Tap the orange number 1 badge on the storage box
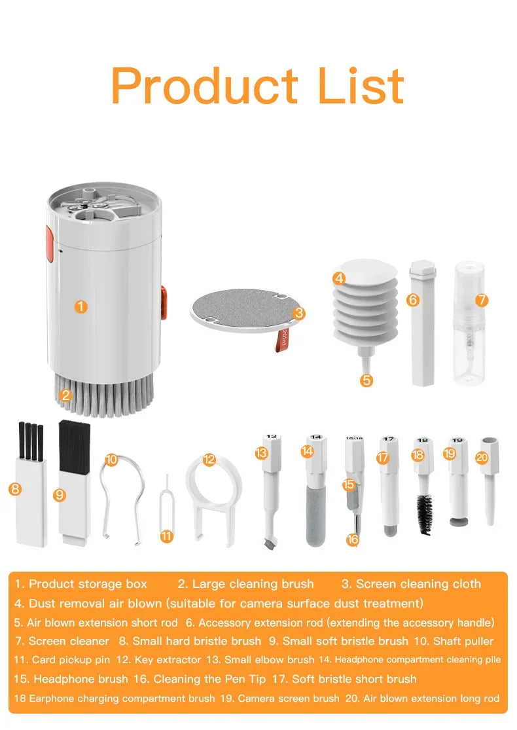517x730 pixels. coord(80,306)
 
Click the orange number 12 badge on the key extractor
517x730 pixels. coord(209,460)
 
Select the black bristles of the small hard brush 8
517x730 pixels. coord(30,440)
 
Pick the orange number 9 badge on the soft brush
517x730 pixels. coord(60,495)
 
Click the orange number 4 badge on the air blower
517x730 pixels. coord(339,278)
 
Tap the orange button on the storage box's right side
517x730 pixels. coord(163,302)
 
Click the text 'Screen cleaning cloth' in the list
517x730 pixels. coord(418,584)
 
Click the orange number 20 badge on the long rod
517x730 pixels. coord(482,458)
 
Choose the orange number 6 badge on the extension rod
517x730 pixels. coord(412,300)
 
